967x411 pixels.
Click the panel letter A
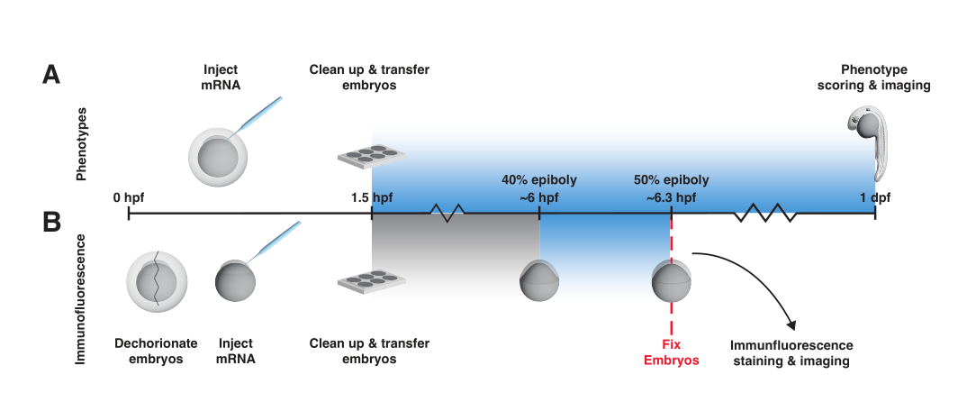[51, 76]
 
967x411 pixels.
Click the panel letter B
[52, 222]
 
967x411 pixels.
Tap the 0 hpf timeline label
[128, 198]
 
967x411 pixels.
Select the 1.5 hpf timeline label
[371, 198]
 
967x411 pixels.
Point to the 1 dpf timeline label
[875, 198]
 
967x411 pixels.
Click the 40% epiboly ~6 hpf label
[539, 189]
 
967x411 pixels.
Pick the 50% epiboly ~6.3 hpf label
[671, 189]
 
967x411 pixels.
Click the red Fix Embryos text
[671, 352]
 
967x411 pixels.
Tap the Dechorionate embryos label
[156, 351]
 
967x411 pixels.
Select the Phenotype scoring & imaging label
[874, 78]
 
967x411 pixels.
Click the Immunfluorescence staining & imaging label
[791, 353]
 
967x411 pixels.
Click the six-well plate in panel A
[371, 154]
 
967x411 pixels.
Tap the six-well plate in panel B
[371, 281]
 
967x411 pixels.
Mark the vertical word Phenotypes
[81, 144]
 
